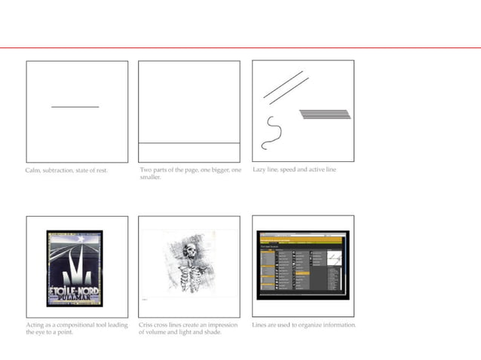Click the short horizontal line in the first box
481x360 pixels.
(75, 107)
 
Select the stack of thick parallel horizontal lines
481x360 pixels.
(324, 114)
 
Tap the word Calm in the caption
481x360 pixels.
(33, 170)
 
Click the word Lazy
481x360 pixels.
(260, 169)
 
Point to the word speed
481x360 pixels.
(290, 170)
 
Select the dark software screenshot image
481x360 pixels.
(302, 266)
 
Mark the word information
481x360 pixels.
(340, 325)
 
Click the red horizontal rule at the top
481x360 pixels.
(240, 48)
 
